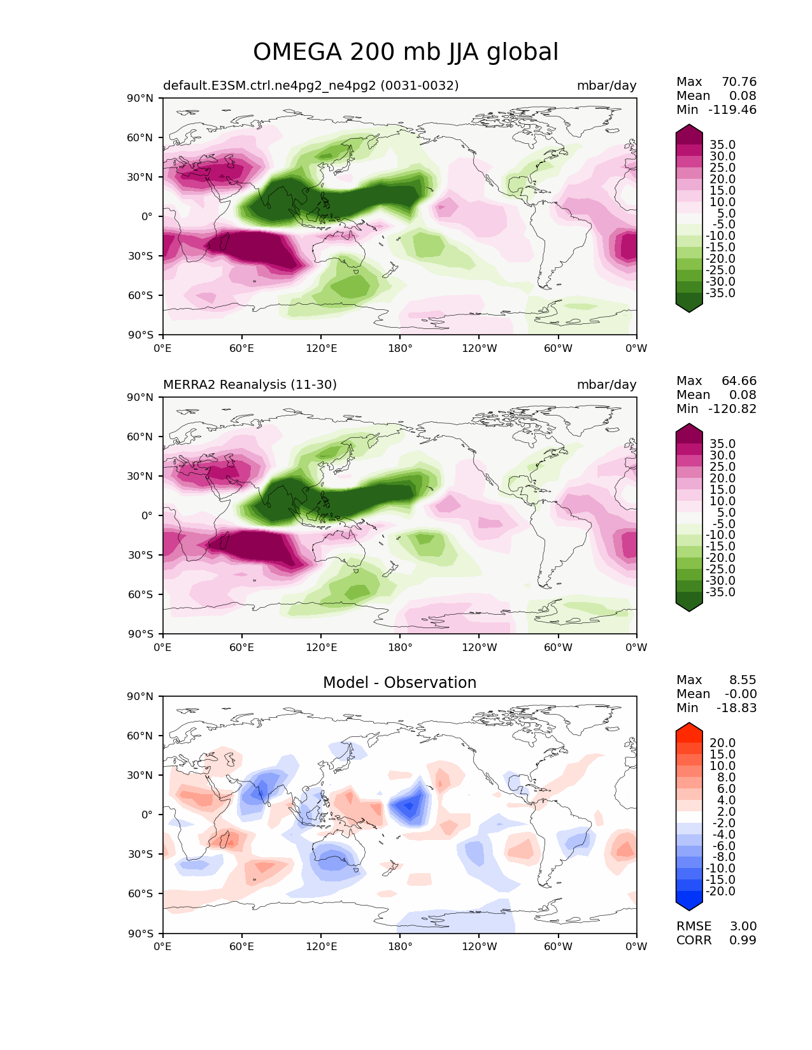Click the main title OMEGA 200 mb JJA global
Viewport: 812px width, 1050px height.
406,52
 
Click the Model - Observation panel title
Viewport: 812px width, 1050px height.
399,683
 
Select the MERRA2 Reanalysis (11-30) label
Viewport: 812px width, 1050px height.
250,384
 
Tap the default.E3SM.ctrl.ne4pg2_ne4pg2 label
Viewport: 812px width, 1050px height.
311,85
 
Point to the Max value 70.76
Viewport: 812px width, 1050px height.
739,81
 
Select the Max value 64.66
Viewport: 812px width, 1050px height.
739,381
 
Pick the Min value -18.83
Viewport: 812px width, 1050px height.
736,708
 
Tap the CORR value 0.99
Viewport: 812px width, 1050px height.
743,940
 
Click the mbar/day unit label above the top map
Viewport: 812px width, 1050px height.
606,85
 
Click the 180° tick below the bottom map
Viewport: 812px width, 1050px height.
399,946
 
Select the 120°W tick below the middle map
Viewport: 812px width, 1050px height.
480,647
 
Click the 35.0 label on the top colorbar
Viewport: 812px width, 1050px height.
722,144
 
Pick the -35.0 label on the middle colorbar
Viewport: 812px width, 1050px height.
720,592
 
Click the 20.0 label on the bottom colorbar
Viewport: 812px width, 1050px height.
722,743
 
